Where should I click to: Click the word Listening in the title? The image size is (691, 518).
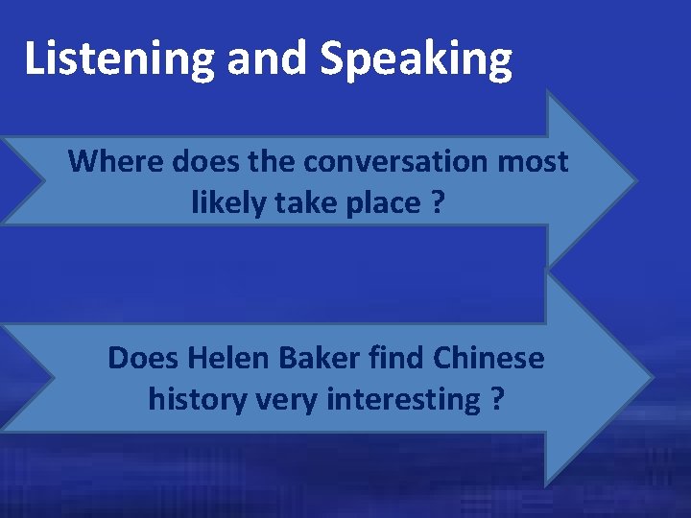tap(120, 59)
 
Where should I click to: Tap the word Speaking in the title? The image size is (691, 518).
tap(417, 59)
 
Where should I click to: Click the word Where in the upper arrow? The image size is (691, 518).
tap(117, 161)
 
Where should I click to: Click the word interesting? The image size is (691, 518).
tap(402, 398)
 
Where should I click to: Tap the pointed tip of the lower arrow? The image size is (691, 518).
tap(652, 377)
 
